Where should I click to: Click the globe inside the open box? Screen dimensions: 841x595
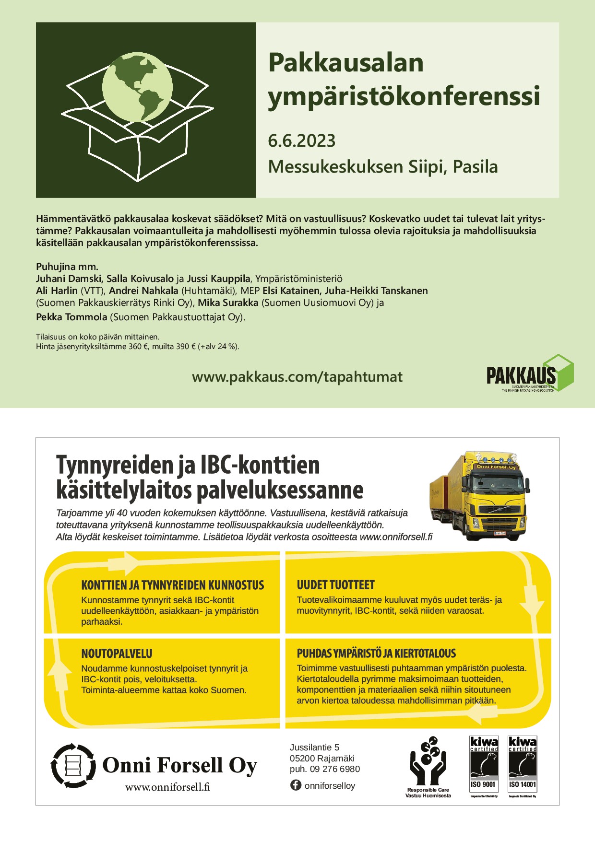[137, 87]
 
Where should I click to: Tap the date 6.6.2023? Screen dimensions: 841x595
[301, 141]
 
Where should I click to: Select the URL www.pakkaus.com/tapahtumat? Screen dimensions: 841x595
[297, 377]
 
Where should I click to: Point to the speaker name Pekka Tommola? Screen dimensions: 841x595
[71, 317]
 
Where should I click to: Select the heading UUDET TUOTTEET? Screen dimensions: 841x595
[335, 585]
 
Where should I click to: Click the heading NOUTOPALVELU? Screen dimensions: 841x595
[117, 654]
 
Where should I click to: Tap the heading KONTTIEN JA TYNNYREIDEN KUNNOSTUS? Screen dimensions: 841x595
[172, 585]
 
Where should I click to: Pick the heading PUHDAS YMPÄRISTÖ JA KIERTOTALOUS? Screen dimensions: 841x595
[376, 654]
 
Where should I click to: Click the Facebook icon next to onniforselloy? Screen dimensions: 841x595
[296, 785]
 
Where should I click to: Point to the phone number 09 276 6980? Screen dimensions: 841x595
[334, 769]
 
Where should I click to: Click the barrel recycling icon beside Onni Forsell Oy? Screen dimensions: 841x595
[73, 765]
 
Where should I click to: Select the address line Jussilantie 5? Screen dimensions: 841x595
[314, 747]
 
